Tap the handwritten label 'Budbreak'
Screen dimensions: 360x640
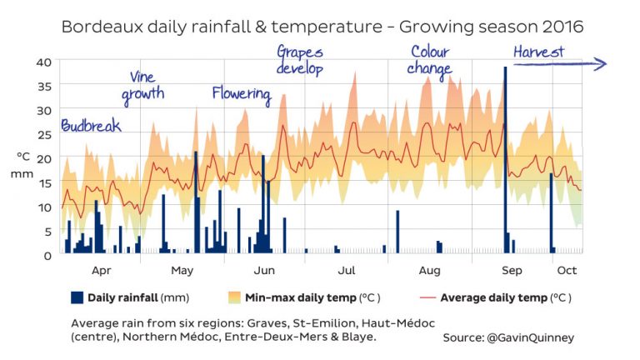91,126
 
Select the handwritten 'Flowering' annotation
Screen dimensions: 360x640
242,93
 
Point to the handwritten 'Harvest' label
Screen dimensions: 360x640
538,52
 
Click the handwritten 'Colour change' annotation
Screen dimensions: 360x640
430,60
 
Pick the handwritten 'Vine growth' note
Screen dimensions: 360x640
142,87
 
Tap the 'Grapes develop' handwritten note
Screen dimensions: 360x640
300,61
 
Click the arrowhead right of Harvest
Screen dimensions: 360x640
602,63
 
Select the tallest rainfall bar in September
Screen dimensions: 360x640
505,158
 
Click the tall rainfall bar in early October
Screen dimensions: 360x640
552,212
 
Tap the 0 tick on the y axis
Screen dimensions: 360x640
48,255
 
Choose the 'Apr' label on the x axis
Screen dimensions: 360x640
101,271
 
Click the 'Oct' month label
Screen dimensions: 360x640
567,271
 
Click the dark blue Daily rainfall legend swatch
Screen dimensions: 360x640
77,297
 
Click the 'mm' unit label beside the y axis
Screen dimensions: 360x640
22,174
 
